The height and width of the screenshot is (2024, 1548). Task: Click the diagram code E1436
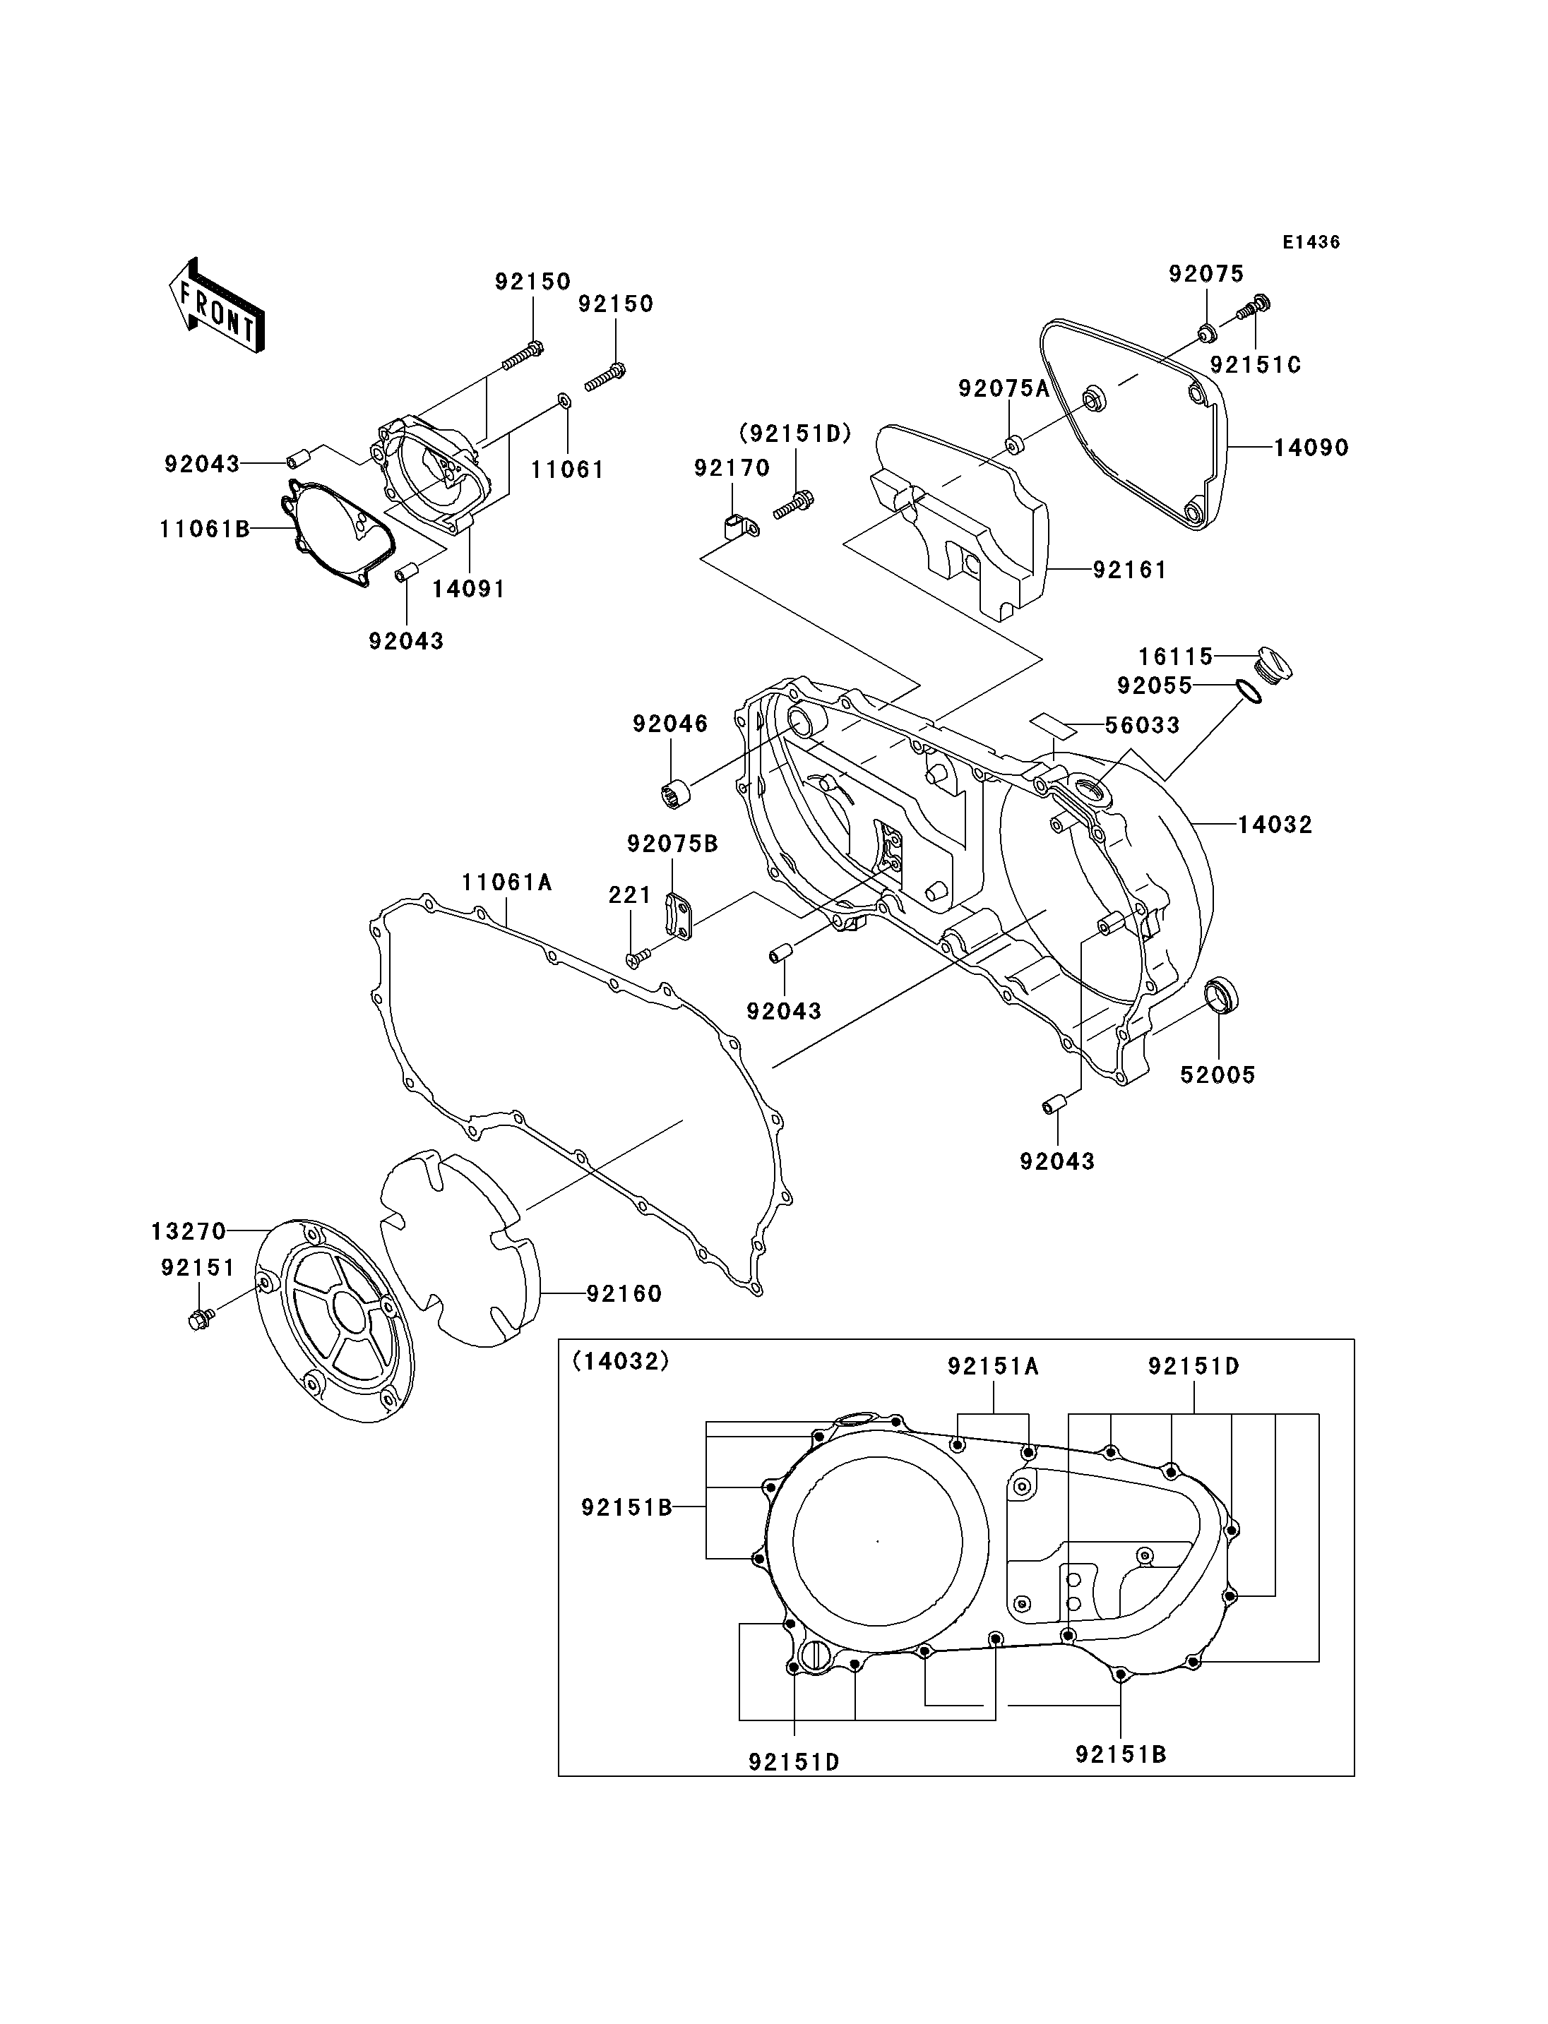pos(1311,242)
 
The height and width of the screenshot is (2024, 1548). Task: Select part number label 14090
pos(1311,449)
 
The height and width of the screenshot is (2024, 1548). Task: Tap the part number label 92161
pos(1130,570)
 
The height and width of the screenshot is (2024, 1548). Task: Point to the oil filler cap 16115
pos(1274,665)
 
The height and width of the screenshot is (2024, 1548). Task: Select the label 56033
pos(1143,726)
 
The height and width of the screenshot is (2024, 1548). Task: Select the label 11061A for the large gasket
pos(507,882)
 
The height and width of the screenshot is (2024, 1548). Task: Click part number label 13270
pos(189,1230)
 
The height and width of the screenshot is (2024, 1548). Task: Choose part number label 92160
pos(625,1294)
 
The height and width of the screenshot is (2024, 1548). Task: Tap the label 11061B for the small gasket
pos(205,529)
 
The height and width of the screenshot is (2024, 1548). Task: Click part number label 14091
pos(469,589)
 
